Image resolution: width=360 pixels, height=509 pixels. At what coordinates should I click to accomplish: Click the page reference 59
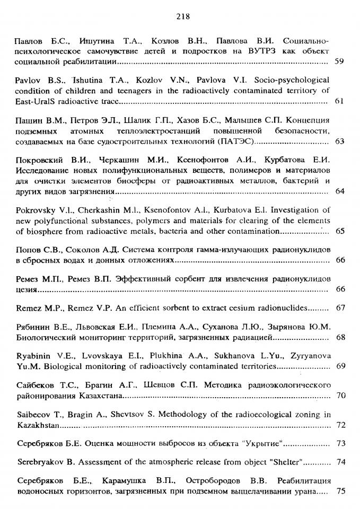(x=340, y=62)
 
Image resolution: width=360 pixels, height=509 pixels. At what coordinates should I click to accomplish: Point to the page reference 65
(x=340, y=231)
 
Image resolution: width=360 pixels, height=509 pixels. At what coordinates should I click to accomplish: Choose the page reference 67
(x=340, y=308)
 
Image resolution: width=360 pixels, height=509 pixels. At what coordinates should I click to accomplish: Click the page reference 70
(x=340, y=395)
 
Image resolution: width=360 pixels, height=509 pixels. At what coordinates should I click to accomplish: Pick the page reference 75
(x=340, y=491)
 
